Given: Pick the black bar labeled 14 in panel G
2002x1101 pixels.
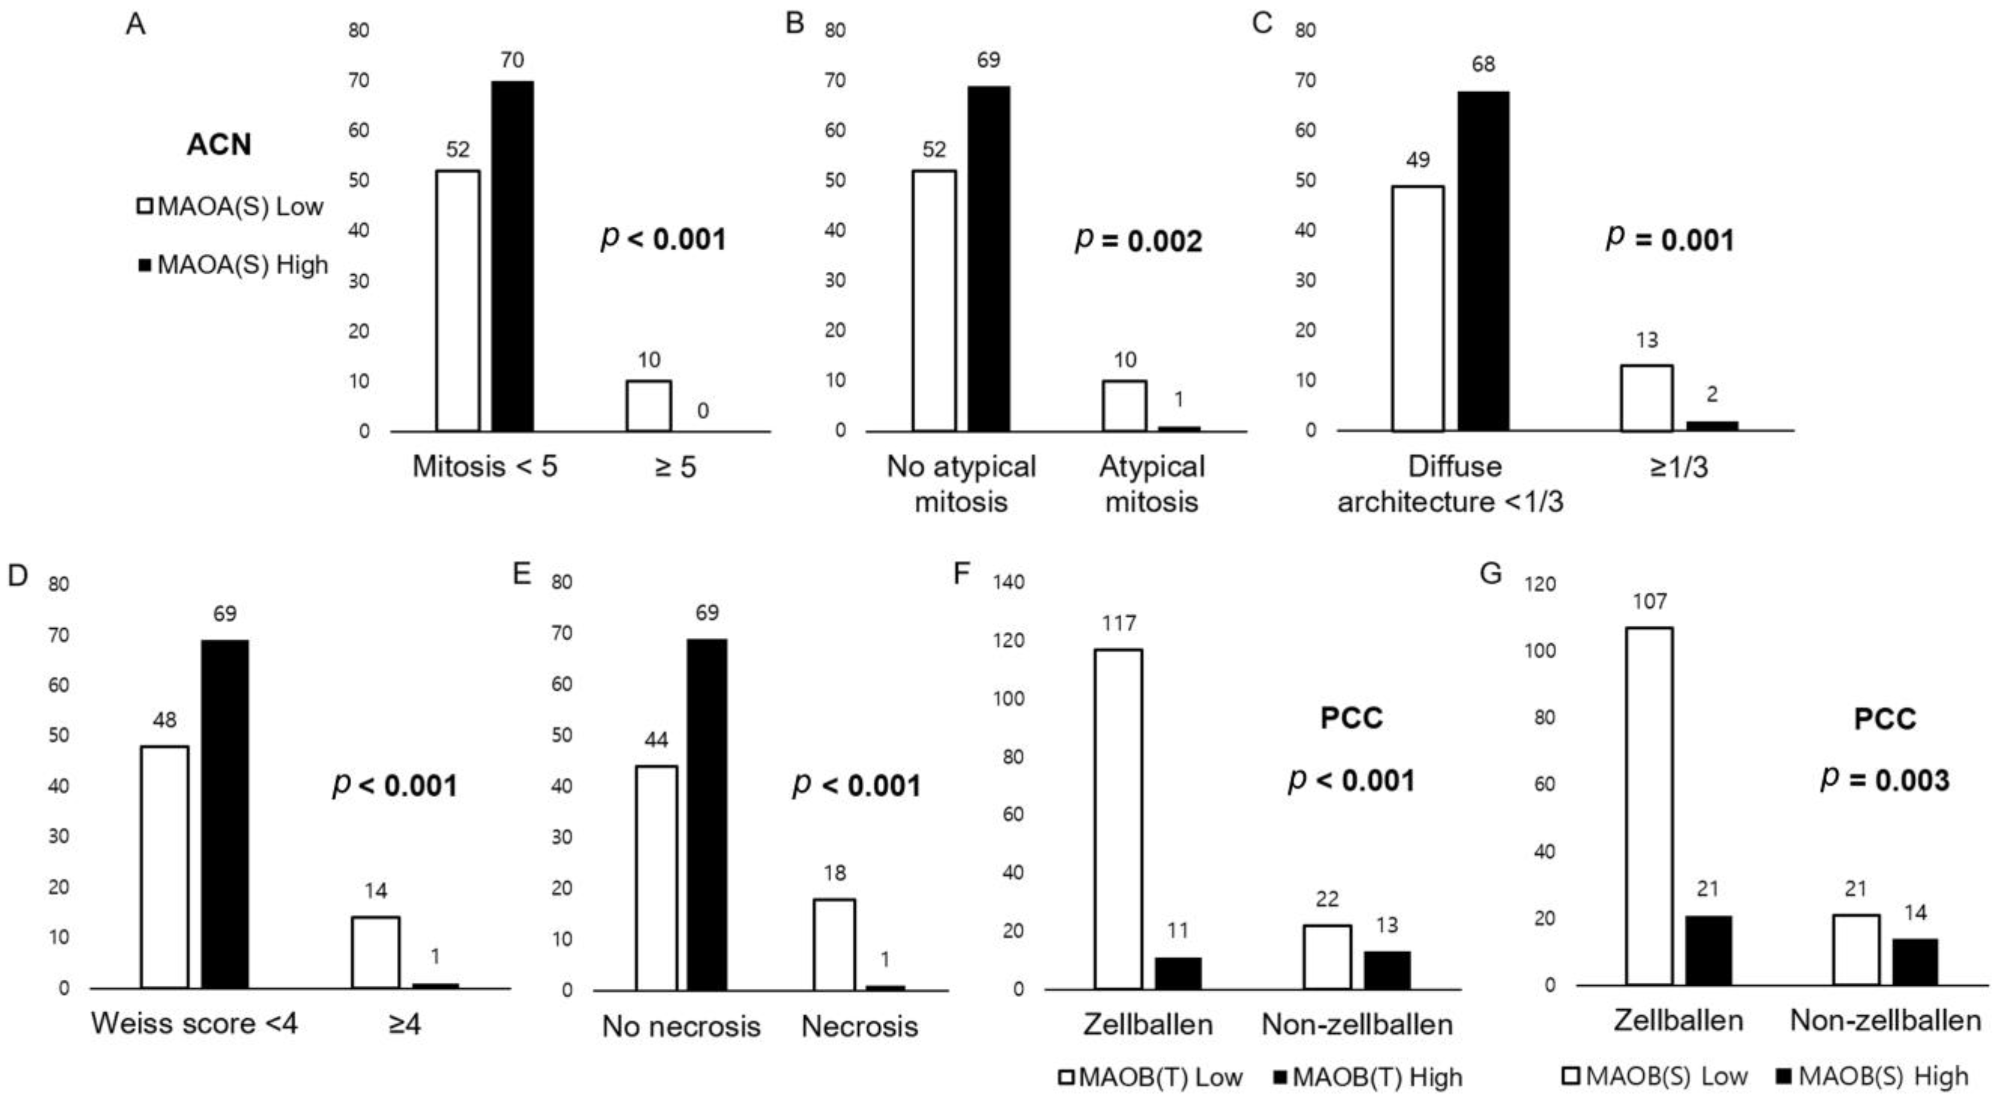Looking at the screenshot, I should point(1915,963).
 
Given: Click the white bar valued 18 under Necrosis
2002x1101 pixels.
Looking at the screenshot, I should point(835,944).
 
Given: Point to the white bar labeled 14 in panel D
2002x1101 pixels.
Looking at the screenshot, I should point(375,953).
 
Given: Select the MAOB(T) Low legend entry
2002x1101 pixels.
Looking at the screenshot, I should point(1150,1077).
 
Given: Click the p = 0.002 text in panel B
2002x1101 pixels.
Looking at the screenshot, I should point(1139,240).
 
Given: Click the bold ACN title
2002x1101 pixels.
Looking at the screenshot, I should point(218,144).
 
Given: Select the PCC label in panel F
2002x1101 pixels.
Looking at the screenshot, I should point(1352,717).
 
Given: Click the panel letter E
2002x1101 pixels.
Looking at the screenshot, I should point(522,574).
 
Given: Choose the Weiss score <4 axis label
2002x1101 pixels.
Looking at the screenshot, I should point(194,1023).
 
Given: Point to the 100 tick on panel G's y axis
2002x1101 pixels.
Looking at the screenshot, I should point(1541,651).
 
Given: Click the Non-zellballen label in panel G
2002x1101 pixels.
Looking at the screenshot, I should point(1885,1021).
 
